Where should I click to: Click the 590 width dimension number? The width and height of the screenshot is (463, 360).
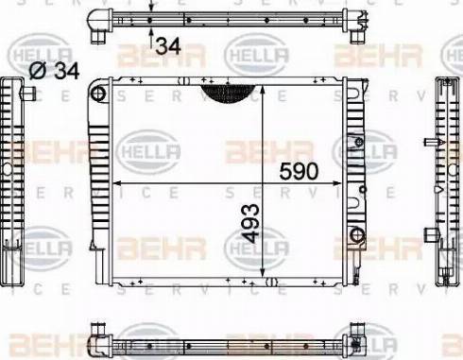click(299, 171)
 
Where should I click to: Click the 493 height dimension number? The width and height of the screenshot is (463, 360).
click(251, 223)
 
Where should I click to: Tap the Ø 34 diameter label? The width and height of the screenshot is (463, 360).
click(54, 71)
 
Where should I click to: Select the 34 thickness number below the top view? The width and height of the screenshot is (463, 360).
click(168, 46)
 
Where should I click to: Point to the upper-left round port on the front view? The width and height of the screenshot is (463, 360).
click(98, 94)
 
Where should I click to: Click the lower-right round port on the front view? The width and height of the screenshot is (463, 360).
click(357, 234)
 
